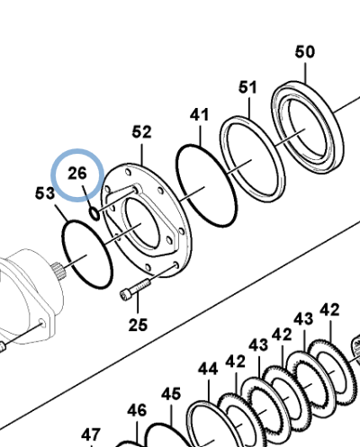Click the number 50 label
[305, 52]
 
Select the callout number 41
[199, 115]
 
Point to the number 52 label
[142, 132]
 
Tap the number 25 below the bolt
[138, 325]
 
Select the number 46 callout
[137, 410]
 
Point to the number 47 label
[91, 434]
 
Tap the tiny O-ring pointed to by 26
[94, 213]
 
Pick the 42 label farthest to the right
[330, 310]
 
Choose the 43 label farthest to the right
[303, 319]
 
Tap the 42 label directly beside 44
[236, 361]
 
